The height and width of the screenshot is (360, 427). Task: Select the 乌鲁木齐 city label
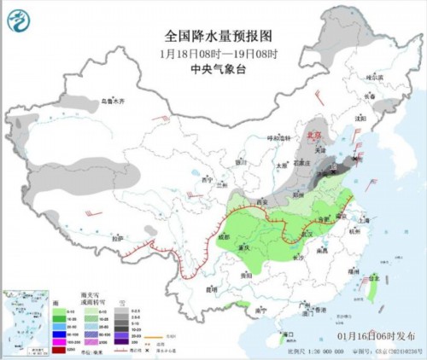tap(113, 102)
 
